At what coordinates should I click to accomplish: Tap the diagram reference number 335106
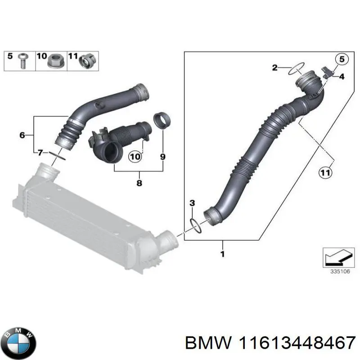337,271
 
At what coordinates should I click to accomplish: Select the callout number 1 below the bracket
223,255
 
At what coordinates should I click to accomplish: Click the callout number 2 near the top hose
275,68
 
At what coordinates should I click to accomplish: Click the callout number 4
342,77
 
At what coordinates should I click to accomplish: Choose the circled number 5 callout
341,59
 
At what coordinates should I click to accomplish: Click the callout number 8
139,183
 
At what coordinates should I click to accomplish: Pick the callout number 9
162,157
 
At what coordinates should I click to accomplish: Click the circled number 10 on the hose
135,157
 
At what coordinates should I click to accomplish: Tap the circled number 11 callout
325,171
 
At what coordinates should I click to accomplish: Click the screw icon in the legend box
22,60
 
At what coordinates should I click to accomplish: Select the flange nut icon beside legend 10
56,60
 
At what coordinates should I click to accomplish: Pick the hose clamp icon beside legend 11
86,60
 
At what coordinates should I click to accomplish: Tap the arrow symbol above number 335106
336,257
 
